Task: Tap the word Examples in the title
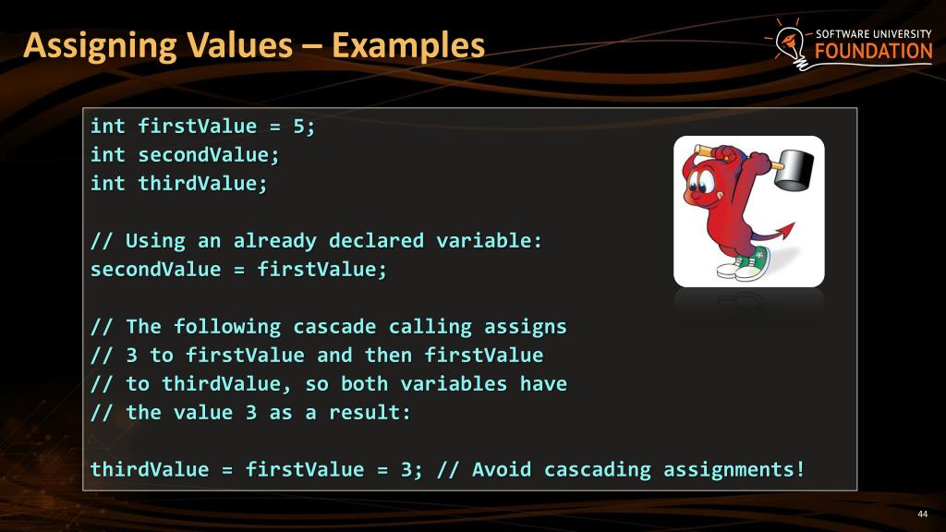coord(408,44)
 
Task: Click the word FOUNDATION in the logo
coord(874,52)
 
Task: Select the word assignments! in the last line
coord(734,469)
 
